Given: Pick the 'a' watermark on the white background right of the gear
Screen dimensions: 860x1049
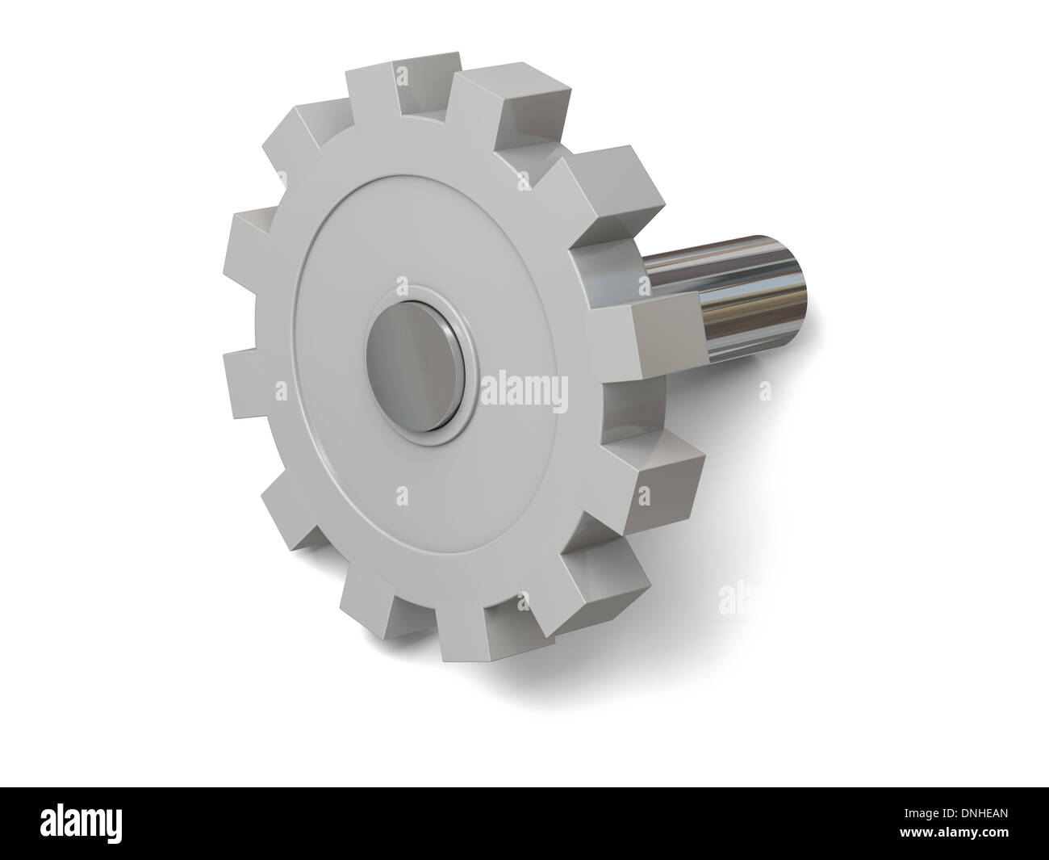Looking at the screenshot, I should click(x=766, y=392).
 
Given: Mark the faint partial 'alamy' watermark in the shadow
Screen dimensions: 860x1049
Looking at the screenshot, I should click(x=734, y=598).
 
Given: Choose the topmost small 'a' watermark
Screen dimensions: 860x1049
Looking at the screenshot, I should click(x=403, y=76).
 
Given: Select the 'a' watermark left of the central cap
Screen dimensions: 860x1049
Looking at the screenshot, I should click(x=281, y=391).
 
